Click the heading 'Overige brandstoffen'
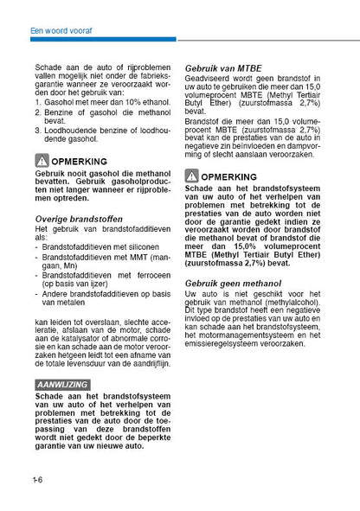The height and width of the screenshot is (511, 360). click(79, 219)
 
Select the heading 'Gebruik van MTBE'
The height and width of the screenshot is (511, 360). click(223, 67)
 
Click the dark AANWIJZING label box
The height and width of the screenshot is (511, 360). click(62, 382)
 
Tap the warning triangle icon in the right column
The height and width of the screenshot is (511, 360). click(192, 176)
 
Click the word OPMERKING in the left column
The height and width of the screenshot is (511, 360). click(80, 162)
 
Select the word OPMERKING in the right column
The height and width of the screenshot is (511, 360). click(229, 176)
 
